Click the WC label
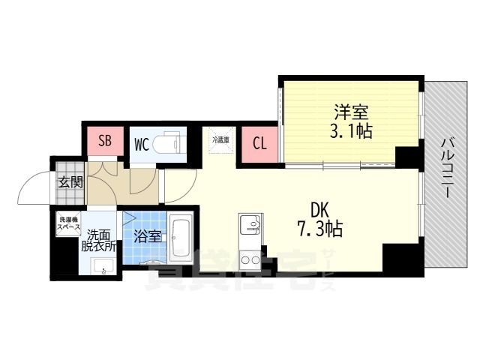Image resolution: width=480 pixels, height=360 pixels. tap(142, 143)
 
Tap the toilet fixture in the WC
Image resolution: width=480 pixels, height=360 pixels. tap(171, 143)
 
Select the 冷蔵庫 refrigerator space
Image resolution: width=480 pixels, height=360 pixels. tap(220, 142)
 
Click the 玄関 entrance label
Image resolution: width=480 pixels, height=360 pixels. tap(67, 181)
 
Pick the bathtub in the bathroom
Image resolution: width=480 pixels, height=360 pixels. tap(180, 236)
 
